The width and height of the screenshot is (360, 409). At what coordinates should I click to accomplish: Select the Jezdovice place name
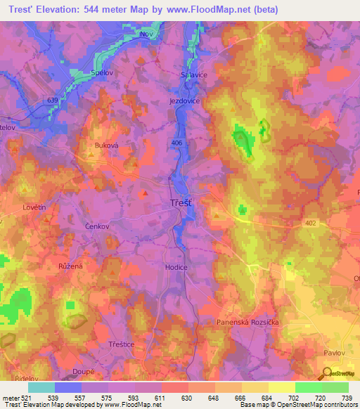[x=185, y=101]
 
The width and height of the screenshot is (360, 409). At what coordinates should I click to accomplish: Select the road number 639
[x=52, y=100]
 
